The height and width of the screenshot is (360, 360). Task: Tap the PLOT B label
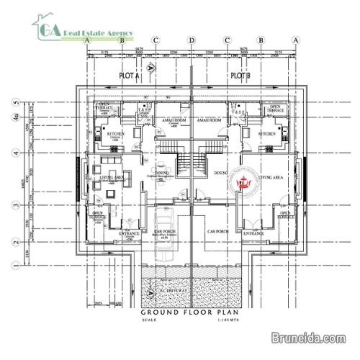239,75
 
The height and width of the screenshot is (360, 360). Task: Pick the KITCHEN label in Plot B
267,134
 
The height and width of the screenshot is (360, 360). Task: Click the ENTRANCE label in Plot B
253,234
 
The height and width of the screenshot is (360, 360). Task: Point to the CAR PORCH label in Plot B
217,232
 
